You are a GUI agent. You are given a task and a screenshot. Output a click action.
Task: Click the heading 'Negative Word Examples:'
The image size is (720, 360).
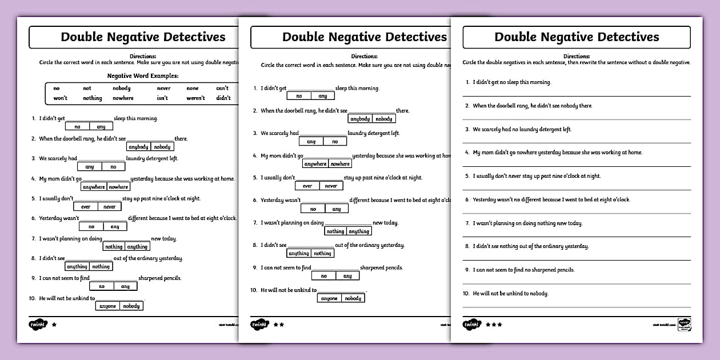point(143,75)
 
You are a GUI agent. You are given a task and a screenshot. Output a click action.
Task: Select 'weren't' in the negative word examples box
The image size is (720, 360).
point(195,98)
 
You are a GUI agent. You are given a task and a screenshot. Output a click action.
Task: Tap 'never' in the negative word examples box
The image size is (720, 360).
point(163,89)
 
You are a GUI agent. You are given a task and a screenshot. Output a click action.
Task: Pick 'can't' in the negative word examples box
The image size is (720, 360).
point(222,89)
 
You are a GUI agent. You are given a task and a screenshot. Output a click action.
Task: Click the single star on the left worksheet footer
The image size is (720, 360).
point(54,324)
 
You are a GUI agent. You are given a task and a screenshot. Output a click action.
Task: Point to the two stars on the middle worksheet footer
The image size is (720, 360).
point(279,324)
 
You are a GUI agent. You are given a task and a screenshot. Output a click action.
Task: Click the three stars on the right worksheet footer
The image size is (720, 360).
point(494,324)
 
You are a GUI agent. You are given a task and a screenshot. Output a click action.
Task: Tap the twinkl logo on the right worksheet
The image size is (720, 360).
point(471,324)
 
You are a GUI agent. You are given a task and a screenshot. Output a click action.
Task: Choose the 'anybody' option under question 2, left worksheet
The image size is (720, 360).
point(138,147)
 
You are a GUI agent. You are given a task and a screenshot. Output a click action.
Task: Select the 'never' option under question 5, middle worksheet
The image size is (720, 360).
point(331,186)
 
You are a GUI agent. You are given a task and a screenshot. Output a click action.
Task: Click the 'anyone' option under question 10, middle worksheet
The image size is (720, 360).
point(329,298)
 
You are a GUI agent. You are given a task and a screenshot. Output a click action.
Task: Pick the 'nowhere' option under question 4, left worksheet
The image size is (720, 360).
point(119,187)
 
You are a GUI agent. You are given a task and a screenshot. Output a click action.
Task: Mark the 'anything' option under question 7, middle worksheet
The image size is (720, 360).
point(359,231)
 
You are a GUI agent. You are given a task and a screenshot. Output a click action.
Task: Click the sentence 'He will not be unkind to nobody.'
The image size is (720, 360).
point(510,293)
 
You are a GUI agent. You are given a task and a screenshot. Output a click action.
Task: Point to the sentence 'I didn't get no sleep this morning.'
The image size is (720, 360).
point(511,82)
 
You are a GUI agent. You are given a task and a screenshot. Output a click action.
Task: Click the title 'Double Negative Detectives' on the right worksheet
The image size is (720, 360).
point(577,37)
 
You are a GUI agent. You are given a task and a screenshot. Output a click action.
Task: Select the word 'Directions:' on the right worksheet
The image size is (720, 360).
point(577,56)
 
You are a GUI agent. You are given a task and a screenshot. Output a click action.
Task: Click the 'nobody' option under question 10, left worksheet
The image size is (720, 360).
point(131,306)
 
